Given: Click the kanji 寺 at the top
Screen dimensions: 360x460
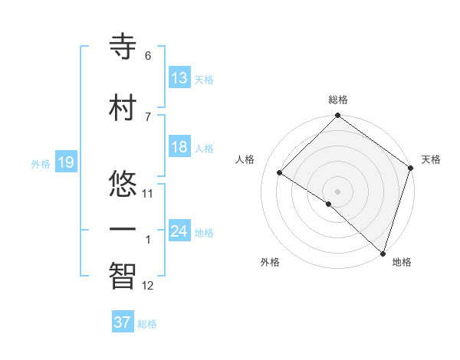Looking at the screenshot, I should [x=123, y=47].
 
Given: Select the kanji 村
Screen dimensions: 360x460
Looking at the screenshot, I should [x=123, y=107].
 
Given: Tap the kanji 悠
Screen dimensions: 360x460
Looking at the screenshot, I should [x=123, y=185].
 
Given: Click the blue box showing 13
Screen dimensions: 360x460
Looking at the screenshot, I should [x=179, y=78].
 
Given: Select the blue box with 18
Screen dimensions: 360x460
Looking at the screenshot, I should [x=179, y=147].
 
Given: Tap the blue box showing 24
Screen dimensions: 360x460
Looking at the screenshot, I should [x=179, y=231].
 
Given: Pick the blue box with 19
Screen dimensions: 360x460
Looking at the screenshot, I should [x=65, y=162].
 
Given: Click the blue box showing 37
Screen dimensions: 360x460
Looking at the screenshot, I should [x=122, y=322].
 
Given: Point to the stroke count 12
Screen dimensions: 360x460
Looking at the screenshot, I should [x=148, y=286].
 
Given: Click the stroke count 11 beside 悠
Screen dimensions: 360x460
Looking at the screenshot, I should [x=148, y=194].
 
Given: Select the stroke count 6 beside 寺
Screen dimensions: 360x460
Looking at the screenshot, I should [x=148, y=56].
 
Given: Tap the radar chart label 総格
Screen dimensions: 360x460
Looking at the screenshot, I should [x=337, y=100].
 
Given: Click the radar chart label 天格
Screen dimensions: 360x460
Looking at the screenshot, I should [x=431, y=159].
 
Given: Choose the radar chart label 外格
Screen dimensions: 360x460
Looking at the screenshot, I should [x=269, y=263].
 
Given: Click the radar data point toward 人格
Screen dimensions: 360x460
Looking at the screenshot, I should [x=280, y=172].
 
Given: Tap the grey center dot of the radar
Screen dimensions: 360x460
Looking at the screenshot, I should [x=337, y=191].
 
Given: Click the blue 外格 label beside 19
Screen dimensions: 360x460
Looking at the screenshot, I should [x=40, y=163].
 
